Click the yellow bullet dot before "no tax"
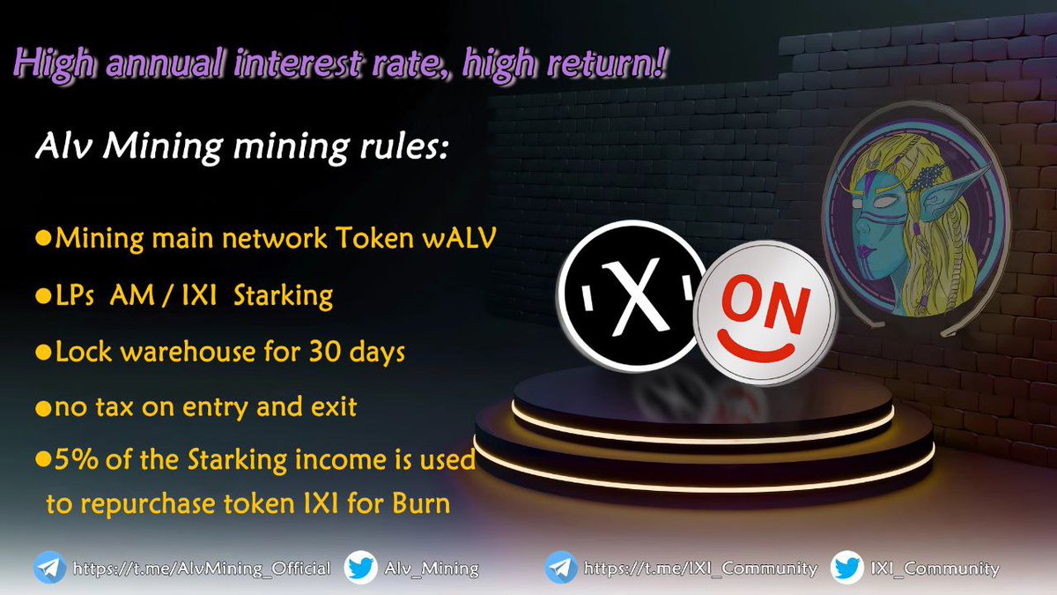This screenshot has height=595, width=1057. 41,408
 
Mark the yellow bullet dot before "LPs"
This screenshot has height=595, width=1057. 41,296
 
